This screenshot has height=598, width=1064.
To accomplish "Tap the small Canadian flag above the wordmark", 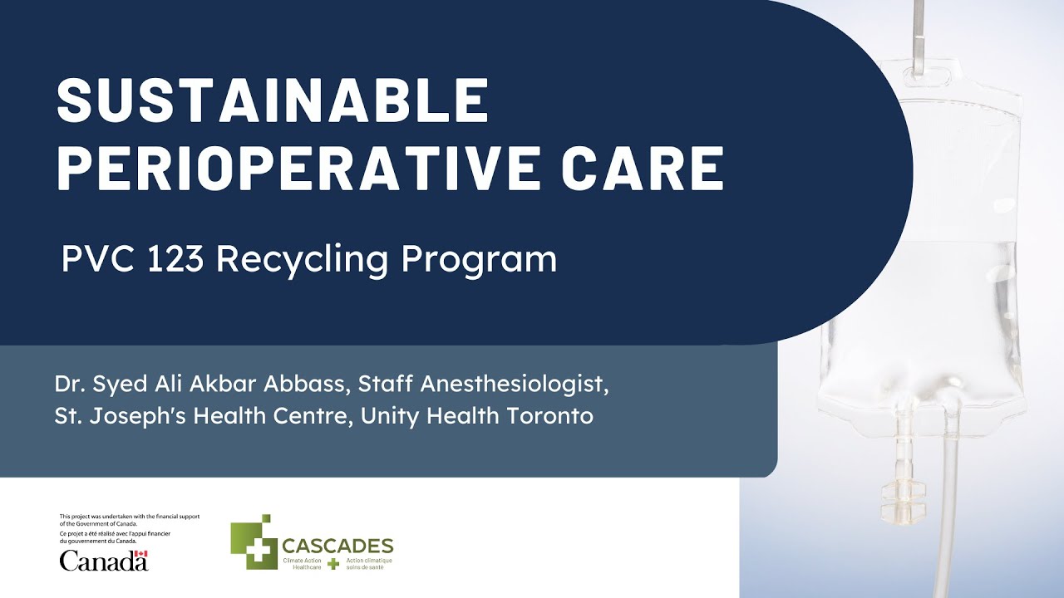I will (141, 554).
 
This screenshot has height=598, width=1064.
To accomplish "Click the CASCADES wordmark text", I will (337, 546).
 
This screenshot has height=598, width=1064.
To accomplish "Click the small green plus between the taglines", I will (333, 564).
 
